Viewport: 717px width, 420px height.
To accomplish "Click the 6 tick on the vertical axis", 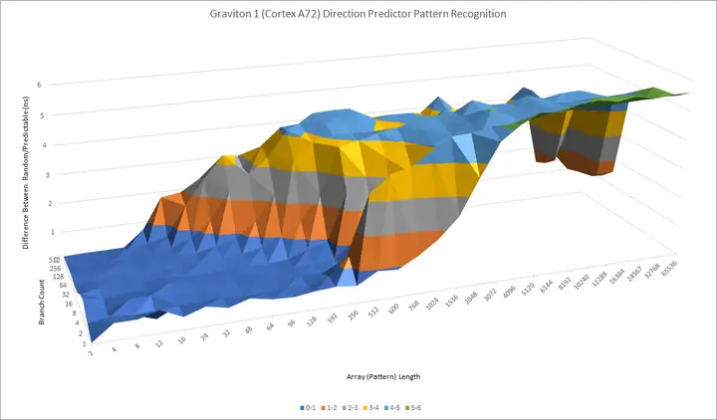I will point(39,86).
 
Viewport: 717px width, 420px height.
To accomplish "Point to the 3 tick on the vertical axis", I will point(39,174).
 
